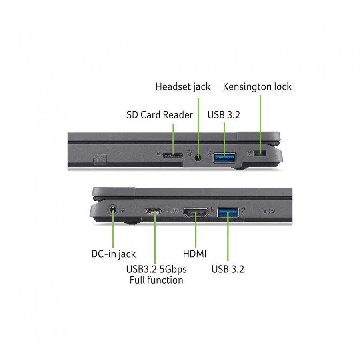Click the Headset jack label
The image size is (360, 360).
(183, 87)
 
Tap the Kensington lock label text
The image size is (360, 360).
(257, 86)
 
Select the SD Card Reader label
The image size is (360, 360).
(160, 115)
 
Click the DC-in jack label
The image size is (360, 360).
(114, 254)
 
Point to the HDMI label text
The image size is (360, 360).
(195, 254)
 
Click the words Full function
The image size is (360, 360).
(156, 280)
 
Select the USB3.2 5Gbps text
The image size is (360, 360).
(156, 269)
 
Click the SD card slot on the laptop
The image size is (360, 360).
(173, 156)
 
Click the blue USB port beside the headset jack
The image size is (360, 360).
(224, 158)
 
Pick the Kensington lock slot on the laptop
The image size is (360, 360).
(260, 153)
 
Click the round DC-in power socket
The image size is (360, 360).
(112, 210)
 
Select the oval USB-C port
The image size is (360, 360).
(154, 211)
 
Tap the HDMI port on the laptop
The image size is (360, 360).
(196, 212)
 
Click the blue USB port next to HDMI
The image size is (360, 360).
(228, 212)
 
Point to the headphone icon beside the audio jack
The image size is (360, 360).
(190, 153)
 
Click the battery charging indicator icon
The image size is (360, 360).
(272, 211)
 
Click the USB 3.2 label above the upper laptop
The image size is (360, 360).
(224, 115)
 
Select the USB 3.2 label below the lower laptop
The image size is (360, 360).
(228, 269)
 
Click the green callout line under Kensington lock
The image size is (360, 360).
(260, 124)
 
